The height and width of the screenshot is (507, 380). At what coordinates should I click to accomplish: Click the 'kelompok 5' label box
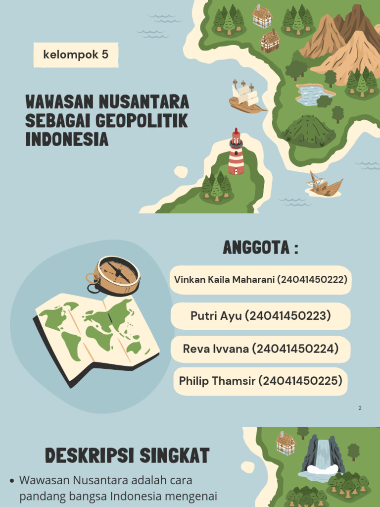(x=76, y=54)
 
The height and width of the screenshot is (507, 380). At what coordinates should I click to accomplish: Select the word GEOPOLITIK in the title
(x=141, y=121)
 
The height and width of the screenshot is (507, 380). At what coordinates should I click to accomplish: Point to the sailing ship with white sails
(x=246, y=97)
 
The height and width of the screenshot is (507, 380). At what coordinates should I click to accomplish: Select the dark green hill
(x=308, y=131)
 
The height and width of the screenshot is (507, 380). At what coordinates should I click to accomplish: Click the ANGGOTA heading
(x=260, y=248)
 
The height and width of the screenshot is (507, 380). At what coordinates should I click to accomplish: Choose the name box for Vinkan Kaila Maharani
(x=260, y=280)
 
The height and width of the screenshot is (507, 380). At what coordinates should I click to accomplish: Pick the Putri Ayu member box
(x=260, y=316)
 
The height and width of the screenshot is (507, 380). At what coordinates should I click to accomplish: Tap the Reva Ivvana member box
(x=260, y=349)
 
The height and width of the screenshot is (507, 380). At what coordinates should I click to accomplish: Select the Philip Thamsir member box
(x=260, y=381)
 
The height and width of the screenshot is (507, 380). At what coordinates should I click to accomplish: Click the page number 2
(x=360, y=408)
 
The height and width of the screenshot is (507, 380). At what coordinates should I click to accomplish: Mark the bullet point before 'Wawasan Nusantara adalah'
(x=12, y=481)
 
